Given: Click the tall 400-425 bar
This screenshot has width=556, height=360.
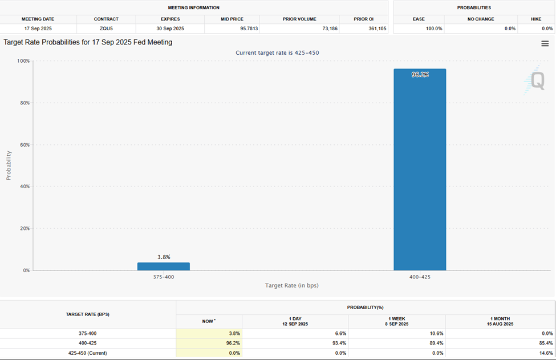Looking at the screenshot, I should click(420, 171).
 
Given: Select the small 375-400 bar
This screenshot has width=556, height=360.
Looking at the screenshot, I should click(164, 266).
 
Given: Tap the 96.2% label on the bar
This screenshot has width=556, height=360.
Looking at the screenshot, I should click(420, 75).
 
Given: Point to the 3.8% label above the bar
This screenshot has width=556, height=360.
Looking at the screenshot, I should click(164, 257).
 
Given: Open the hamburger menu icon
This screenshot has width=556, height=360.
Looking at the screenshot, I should click(545, 44).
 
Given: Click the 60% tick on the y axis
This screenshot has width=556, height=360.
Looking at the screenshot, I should click(23, 145).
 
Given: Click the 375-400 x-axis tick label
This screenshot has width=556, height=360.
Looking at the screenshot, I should click(164, 277).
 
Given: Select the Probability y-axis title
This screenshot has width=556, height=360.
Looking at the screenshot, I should click(9, 165).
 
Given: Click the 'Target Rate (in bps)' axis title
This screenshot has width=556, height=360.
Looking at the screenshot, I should click(292, 285).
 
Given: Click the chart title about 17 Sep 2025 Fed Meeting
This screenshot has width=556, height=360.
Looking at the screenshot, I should click(88, 42).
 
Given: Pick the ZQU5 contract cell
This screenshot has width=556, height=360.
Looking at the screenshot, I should click(106, 29).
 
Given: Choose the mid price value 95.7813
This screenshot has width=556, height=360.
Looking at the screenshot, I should click(232, 29).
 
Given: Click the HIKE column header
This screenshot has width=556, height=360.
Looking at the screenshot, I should click(536, 19).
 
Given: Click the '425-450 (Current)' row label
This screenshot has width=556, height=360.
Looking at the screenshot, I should click(88, 353).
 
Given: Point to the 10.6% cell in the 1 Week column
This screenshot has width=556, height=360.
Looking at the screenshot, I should click(435, 333).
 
